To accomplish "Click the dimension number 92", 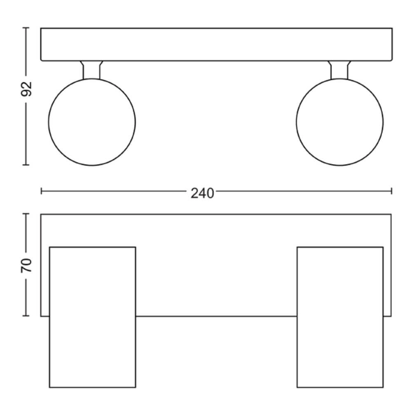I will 26,89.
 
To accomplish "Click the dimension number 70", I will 26,265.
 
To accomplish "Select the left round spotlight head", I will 92,122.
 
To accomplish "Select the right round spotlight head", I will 339,122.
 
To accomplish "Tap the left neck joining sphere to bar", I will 91,70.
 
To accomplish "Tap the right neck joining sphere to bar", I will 339,70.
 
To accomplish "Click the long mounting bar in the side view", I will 216,44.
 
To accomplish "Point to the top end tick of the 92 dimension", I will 26,28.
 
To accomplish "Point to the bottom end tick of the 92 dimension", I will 26,165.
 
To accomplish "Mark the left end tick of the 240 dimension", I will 41,191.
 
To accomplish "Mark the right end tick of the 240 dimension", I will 391,191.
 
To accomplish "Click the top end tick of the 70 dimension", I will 26,214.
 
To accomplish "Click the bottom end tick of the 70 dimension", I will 26,316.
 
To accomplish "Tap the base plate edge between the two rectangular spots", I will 216,316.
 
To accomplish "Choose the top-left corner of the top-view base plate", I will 41,214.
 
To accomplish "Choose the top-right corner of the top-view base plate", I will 391,214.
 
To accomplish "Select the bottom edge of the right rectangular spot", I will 340,387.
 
